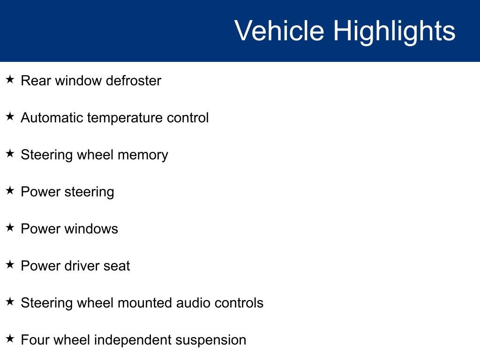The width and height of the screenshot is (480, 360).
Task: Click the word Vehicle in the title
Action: point(279,31)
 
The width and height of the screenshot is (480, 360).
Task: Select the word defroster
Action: point(134,81)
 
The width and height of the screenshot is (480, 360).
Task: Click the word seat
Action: point(117,266)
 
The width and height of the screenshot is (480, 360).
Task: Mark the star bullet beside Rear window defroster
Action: point(10,79)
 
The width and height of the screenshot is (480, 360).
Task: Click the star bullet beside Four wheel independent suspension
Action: point(10,338)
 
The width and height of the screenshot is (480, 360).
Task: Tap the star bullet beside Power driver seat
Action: point(10,264)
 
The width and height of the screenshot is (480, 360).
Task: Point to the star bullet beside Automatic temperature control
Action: point(10,116)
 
